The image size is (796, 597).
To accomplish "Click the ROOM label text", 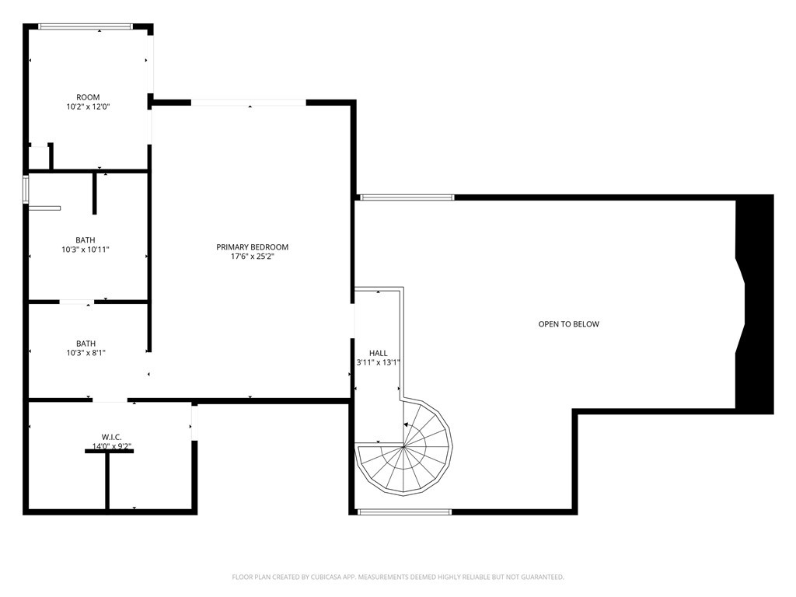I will click(88, 97).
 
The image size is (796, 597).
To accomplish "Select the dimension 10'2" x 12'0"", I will click(88, 107).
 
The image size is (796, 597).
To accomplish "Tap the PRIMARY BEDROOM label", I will click(252, 247).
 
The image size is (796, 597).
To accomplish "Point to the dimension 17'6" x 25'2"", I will click(252, 257).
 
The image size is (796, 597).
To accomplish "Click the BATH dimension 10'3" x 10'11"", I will click(86, 250).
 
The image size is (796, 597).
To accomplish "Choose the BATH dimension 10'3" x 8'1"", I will click(86, 353).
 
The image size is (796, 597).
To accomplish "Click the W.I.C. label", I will click(112, 437).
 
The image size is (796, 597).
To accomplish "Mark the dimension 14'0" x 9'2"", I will click(112, 446).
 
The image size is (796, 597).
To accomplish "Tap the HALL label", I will click(378, 353).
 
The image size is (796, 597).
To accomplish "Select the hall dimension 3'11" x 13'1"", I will click(378, 362).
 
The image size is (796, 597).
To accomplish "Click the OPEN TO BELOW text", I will click(569, 324).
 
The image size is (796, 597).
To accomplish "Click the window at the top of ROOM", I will click(85, 27).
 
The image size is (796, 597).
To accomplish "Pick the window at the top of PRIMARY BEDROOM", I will click(249, 103).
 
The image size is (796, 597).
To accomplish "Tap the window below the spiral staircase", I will click(404, 511).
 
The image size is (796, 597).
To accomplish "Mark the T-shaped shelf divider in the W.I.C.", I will click(108, 474).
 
